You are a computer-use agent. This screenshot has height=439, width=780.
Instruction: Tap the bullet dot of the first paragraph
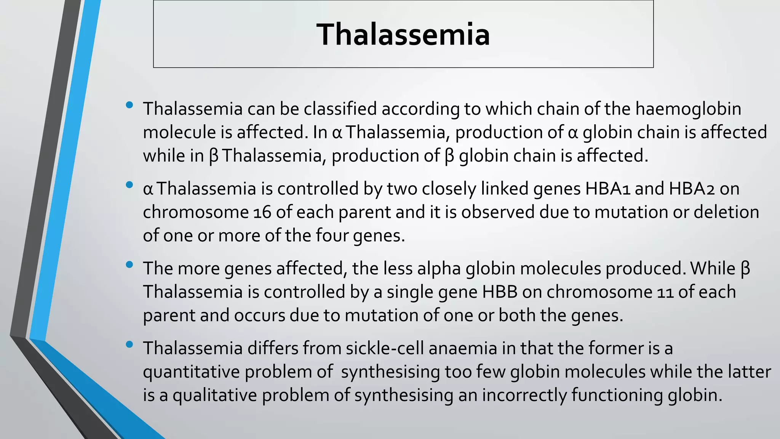click(129, 105)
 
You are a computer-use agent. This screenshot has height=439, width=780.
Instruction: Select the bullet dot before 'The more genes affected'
click(129, 264)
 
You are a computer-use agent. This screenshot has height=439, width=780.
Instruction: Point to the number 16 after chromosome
click(262, 212)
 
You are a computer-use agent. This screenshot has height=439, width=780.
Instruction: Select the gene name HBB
click(500, 292)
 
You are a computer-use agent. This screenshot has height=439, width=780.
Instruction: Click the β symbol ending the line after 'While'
click(745, 269)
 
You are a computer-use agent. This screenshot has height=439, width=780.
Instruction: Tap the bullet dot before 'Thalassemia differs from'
click(129, 344)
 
